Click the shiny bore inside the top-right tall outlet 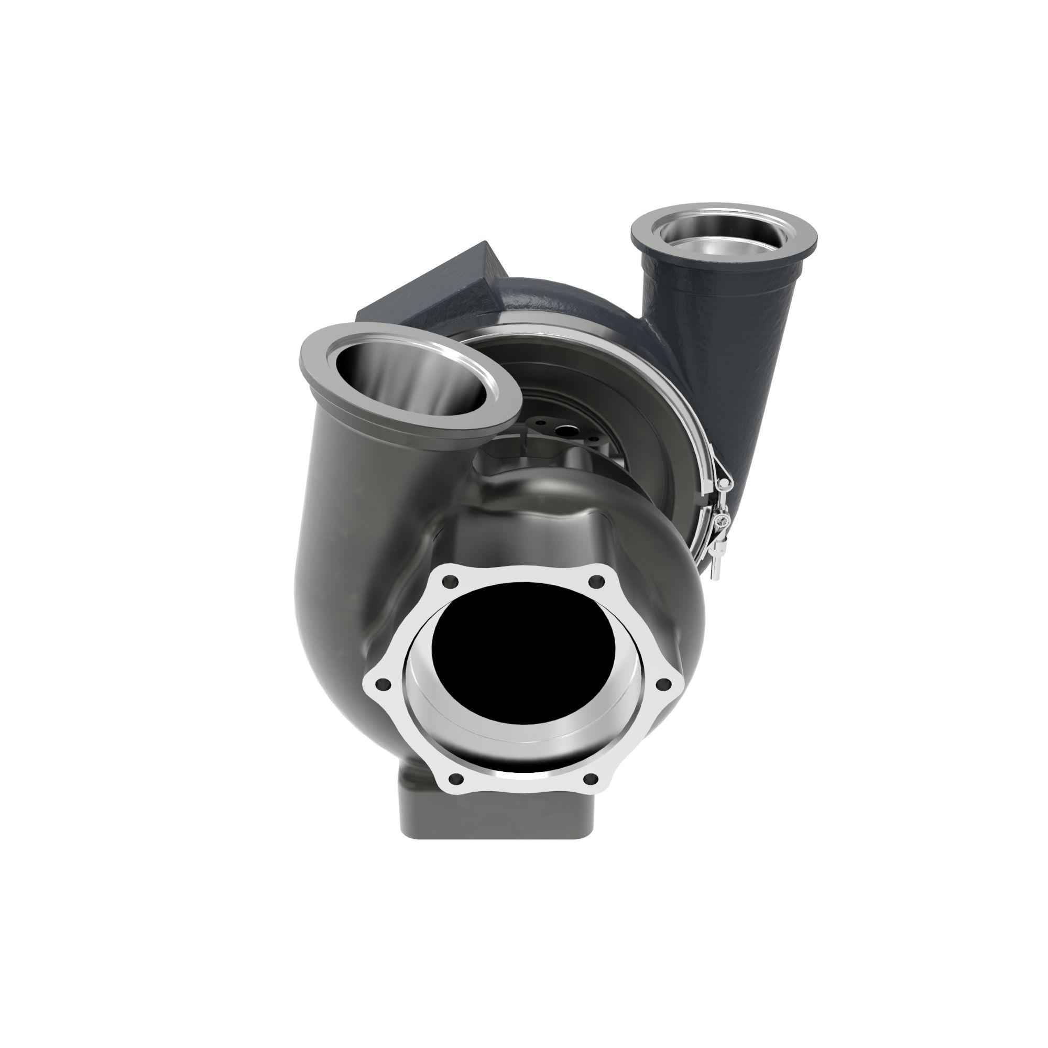724,244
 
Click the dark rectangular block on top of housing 434,288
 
